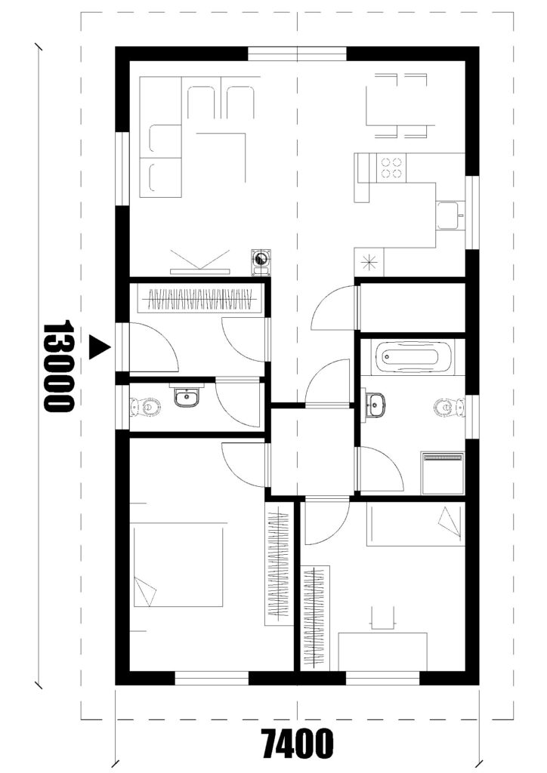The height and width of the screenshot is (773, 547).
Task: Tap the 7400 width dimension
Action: (x=298, y=744)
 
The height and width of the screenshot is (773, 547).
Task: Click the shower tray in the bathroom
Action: (x=443, y=473)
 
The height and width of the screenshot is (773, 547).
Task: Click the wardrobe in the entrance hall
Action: (x=200, y=297)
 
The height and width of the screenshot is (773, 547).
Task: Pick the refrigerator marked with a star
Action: (x=369, y=262)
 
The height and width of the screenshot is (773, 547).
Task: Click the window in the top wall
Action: (x=297, y=54)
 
